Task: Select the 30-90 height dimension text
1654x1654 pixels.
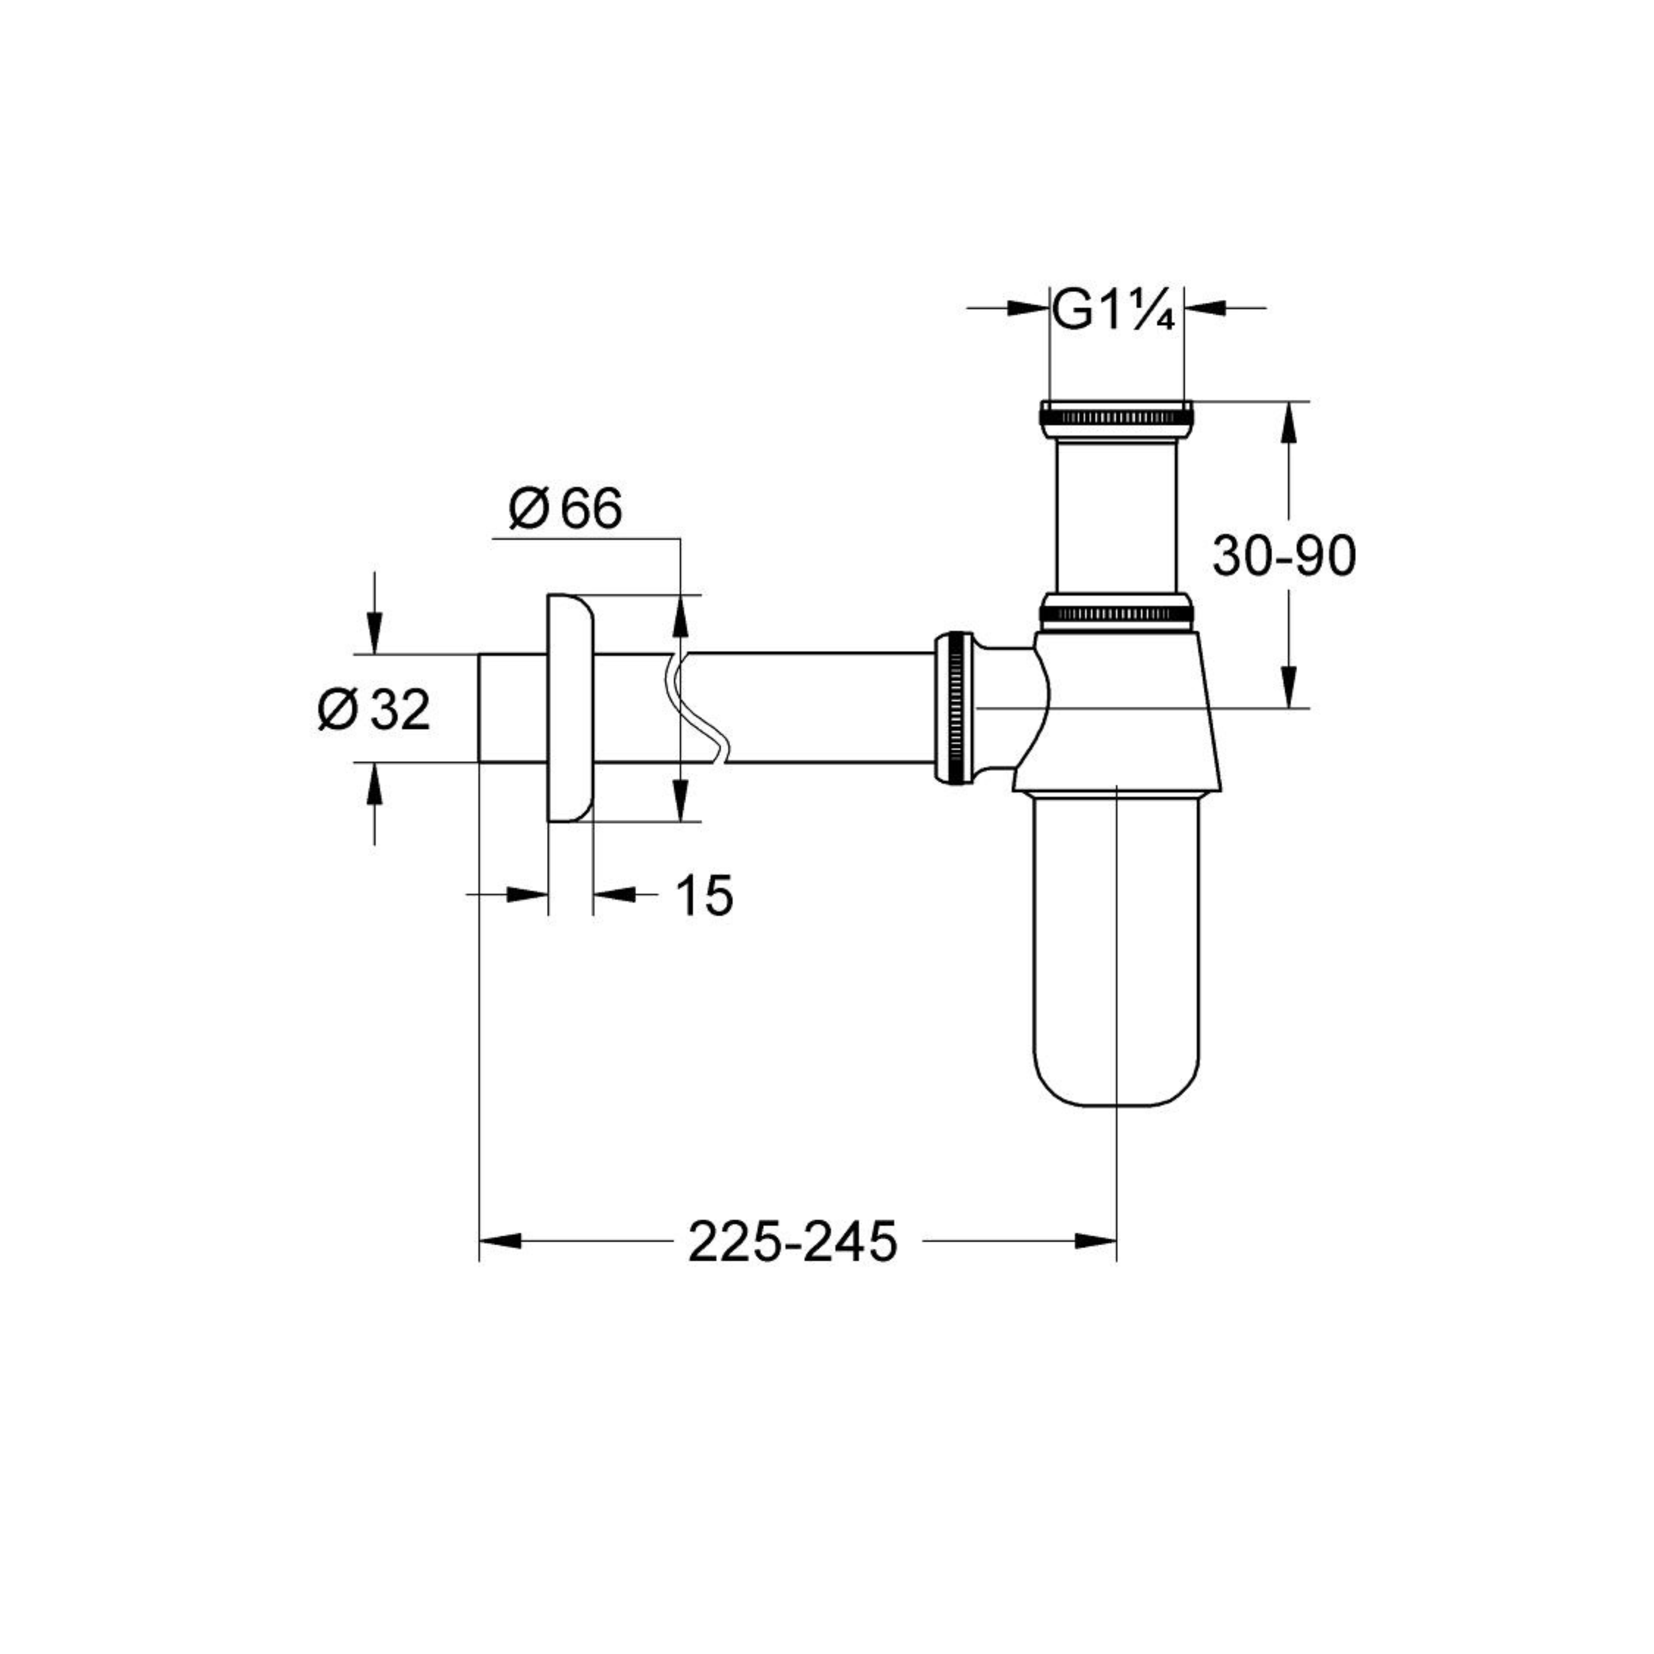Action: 1284,556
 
